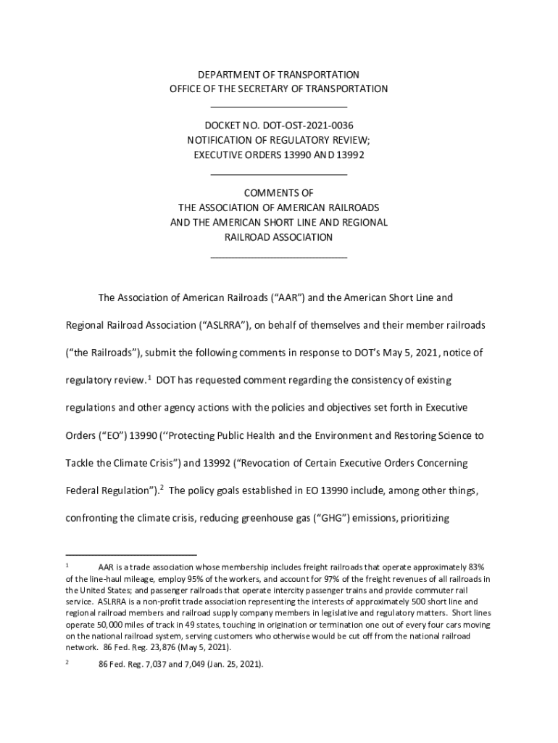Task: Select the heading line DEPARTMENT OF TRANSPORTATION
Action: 279,75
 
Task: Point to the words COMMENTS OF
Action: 279,193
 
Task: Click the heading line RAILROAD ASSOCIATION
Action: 279,237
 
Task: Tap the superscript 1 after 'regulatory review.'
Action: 149,377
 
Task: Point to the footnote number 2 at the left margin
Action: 67,661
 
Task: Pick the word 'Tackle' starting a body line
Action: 80,463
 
